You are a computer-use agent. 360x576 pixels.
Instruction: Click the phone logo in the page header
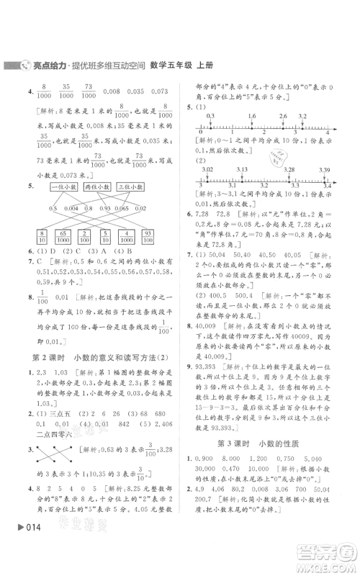click(24, 66)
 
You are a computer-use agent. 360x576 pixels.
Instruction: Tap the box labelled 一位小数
click(49, 186)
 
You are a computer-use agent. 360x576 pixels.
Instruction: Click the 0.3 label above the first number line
click(210, 115)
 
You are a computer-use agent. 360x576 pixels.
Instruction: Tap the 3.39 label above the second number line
click(323, 169)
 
